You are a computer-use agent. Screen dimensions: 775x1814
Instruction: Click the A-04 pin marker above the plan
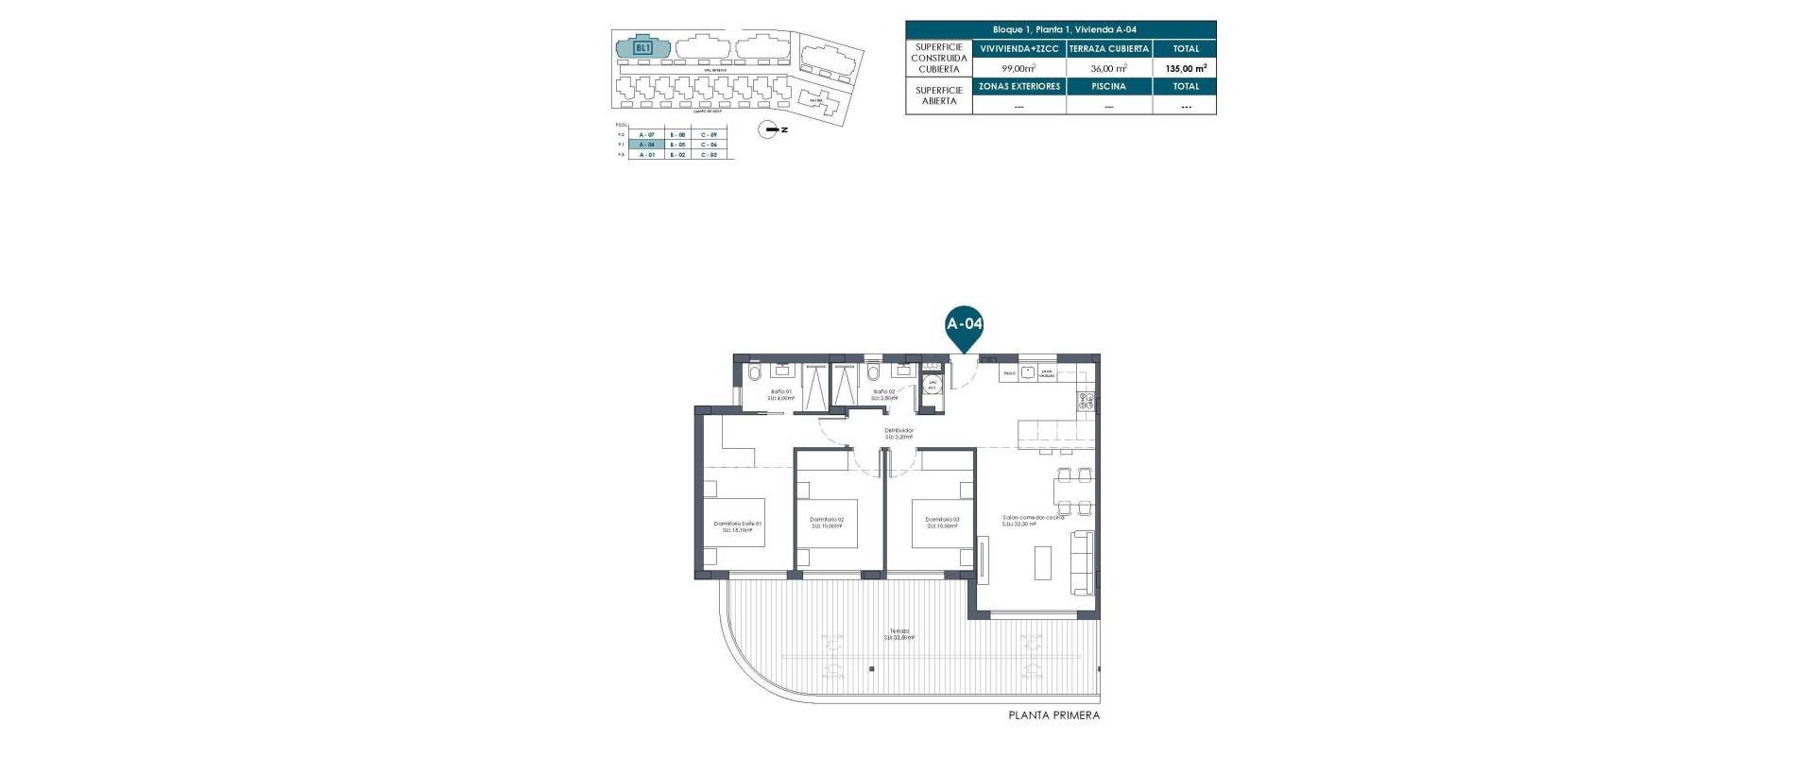tap(964, 325)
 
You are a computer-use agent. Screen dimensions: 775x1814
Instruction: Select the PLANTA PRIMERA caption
tap(1053, 715)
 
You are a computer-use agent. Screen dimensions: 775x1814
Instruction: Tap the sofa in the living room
tap(1083, 562)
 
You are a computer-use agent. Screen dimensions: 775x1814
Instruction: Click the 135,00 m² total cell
tap(1185, 68)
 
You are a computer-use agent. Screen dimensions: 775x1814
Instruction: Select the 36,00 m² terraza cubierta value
tap(1108, 68)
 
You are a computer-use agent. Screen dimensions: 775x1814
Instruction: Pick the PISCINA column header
tap(1108, 86)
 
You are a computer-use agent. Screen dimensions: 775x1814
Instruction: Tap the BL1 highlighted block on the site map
tap(642, 46)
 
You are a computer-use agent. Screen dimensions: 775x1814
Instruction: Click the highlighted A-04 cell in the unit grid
tap(646, 145)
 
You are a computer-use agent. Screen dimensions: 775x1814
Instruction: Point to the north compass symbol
tap(773, 130)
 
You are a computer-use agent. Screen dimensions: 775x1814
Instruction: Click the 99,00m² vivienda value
tap(1018, 68)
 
